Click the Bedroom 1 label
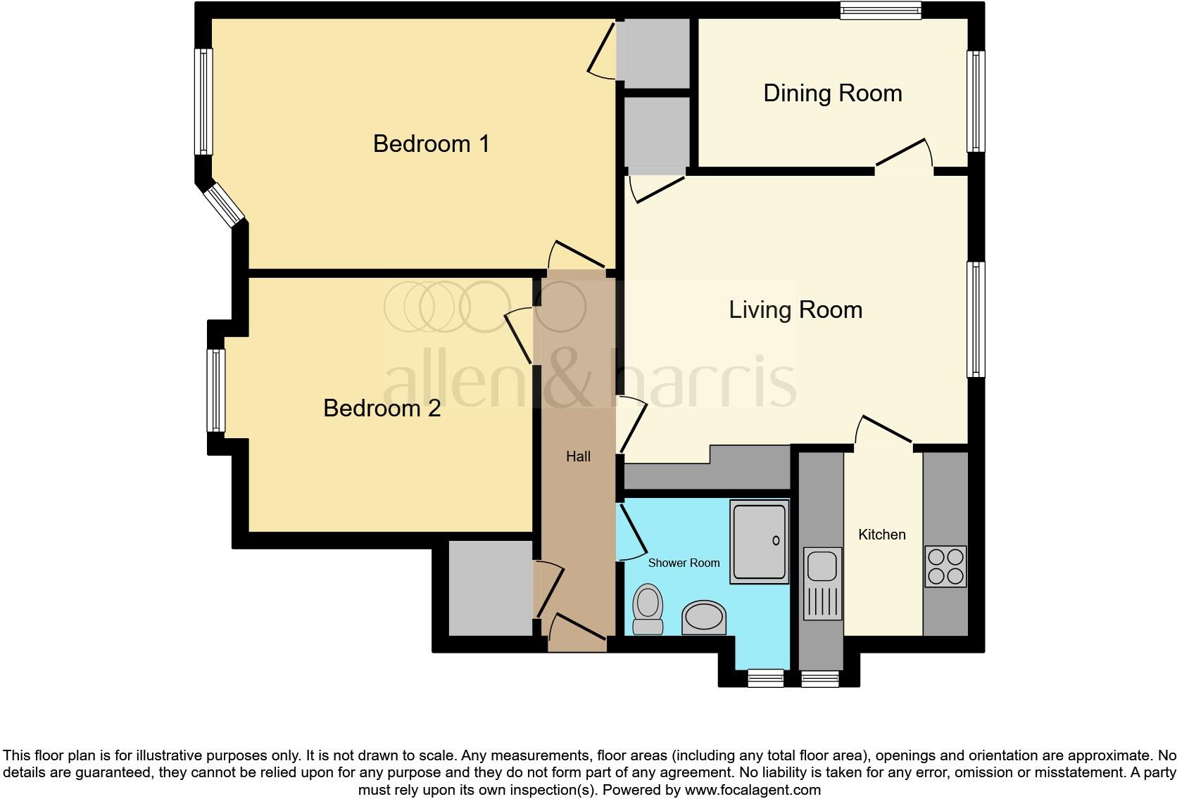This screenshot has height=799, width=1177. pos(431,143)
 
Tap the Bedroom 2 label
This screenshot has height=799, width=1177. pos(382,408)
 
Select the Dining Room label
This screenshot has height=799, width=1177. pos(832,94)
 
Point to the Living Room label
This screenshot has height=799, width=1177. pos(795,309)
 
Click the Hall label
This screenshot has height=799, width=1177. pos(578,456)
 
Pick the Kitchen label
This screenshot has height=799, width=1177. pos(881,535)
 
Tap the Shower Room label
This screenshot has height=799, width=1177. pos(684,563)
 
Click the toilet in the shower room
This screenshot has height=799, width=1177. pos(648,609)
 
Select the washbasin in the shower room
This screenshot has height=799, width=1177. pos(703,618)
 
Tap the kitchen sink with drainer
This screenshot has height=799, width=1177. pos(822,584)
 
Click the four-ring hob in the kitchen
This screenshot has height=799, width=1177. pos(945,567)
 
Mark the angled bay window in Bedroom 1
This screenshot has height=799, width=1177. pos(225,205)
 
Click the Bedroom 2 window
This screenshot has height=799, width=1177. pos(215,390)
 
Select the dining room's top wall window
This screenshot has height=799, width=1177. pos(881,10)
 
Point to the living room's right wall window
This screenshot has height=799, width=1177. pos(976,319)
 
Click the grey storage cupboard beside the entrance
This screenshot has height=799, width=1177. pos(490,588)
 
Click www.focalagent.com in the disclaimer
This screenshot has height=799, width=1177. pos(751,790)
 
